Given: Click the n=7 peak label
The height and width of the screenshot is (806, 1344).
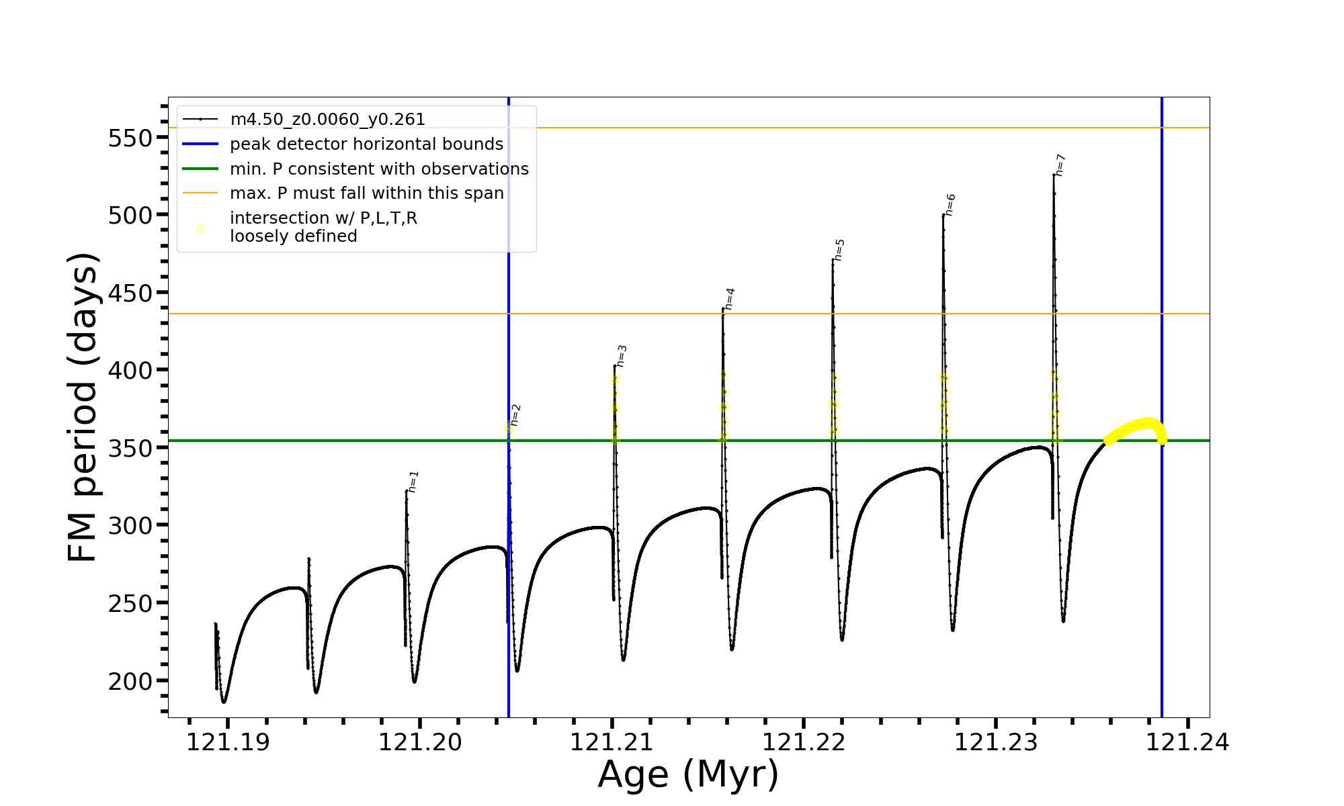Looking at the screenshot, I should coord(1060,165).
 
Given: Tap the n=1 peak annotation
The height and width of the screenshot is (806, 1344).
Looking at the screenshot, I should coord(414,482).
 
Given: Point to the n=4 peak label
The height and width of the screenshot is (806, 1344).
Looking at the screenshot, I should coord(730,299).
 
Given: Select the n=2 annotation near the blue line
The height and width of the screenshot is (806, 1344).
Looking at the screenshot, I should coord(516,415).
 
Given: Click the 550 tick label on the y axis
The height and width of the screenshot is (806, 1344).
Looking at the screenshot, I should coord(129,138).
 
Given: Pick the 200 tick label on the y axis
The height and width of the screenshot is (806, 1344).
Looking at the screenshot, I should coord(129,681).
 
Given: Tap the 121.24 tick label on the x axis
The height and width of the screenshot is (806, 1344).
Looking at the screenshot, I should coord(1187,743).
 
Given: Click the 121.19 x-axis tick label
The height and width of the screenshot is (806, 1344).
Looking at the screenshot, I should coord(228,743).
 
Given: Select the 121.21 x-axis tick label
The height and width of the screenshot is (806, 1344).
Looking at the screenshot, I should coord(612,743).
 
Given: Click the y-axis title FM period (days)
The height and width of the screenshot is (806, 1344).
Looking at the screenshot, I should coord(83,407).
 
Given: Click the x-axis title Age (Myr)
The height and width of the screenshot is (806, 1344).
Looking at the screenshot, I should coord(688,775).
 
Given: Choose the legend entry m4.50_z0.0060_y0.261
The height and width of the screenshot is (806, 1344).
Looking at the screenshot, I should coord(327,120).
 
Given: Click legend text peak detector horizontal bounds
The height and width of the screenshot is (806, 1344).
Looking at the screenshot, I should coord(366,144).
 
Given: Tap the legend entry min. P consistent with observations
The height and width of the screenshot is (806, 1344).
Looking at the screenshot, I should coord(379,169).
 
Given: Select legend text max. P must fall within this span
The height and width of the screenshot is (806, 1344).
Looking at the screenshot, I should coord(366,193).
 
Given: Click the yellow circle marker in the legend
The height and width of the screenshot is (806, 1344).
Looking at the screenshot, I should coord(200,228).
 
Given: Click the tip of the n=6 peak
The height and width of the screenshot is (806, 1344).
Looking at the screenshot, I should coord(943,215).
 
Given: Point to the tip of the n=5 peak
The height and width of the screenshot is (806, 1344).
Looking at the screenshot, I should coord(833,259).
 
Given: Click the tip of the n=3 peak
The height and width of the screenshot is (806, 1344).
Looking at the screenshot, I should coord(615,365).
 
